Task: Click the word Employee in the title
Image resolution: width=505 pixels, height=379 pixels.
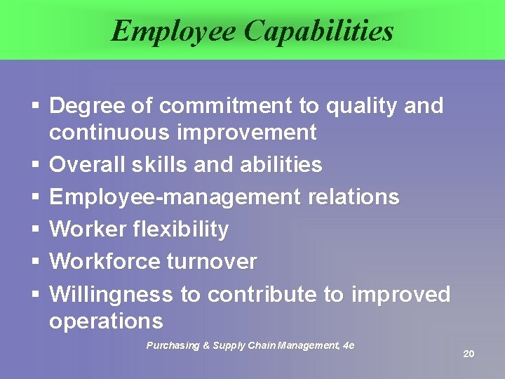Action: [x=171, y=31]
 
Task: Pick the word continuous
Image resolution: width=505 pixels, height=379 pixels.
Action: [x=107, y=132]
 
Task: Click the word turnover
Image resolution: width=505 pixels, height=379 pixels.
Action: [x=212, y=262]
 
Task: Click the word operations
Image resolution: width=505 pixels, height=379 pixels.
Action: [x=106, y=321]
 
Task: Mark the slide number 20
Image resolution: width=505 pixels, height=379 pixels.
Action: [x=469, y=354]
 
